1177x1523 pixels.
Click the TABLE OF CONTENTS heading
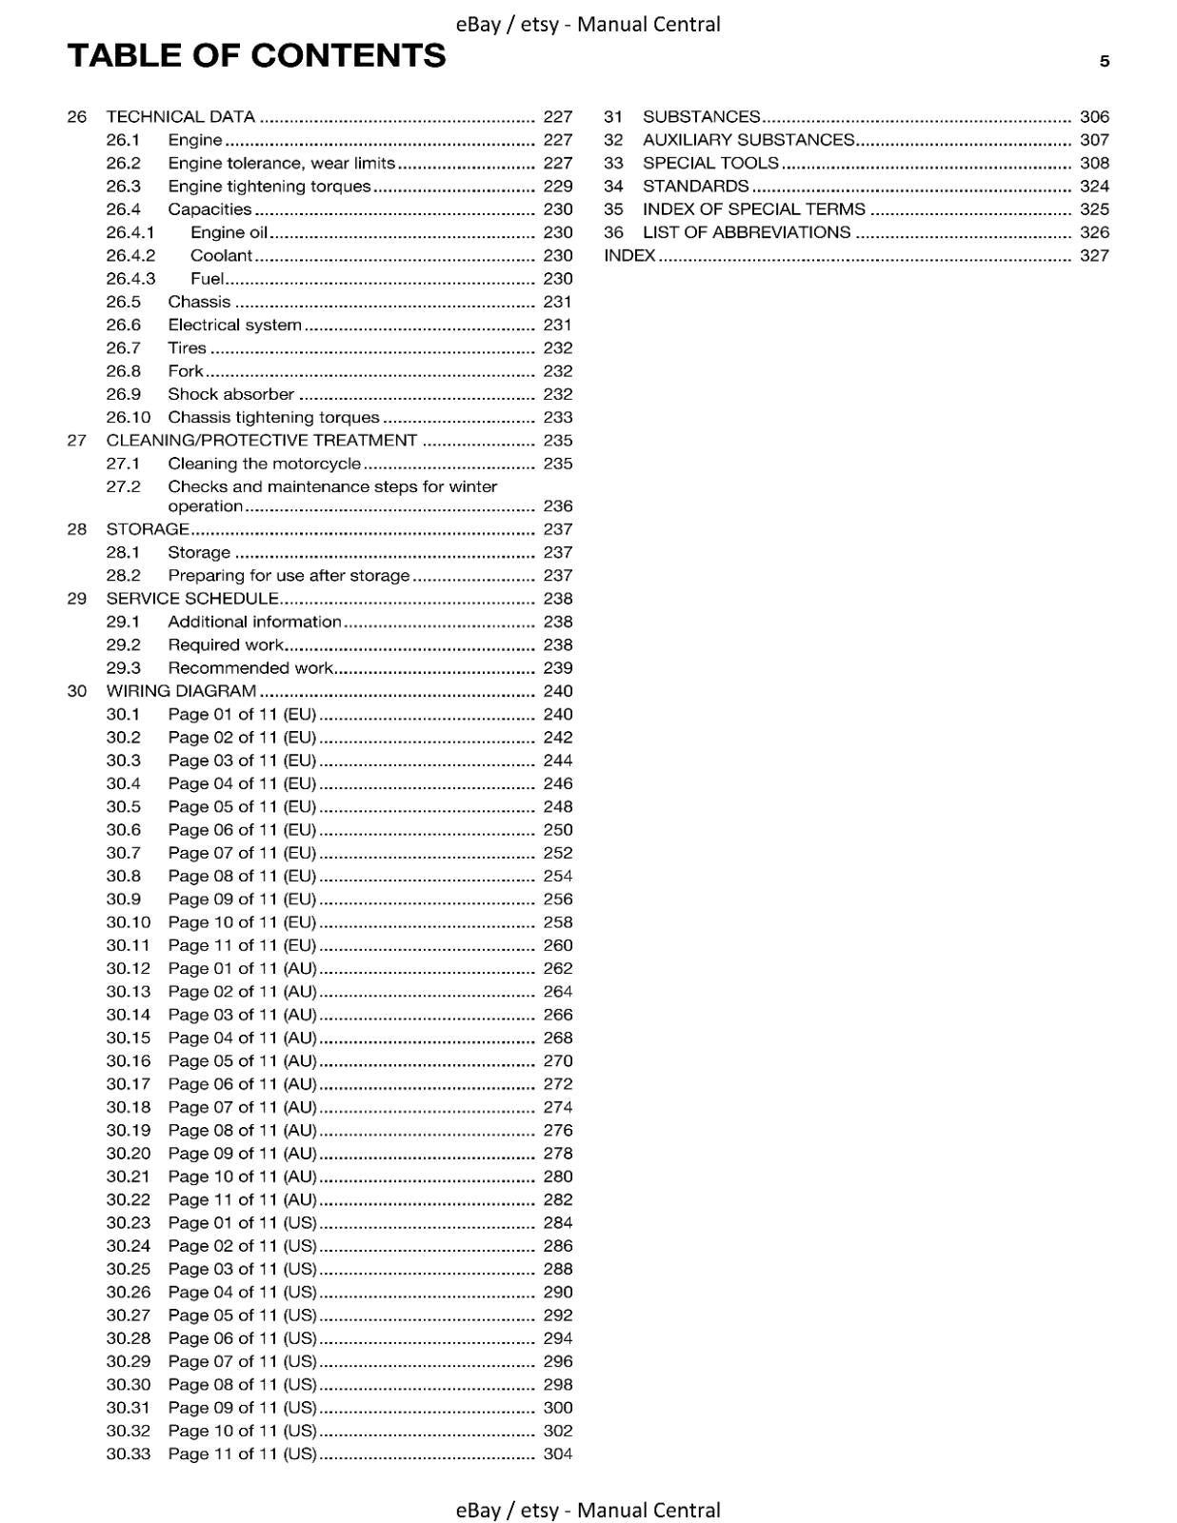[256, 56]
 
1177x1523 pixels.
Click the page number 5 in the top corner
[1105, 61]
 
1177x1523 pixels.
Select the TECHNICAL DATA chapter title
[181, 117]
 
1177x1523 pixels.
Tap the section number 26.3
[124, 187]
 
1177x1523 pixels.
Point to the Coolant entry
[221, 256]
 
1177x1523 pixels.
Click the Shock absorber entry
[231, 394]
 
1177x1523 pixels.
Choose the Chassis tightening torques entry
[273, 418]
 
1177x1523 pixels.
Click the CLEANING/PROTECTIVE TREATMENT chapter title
[262, 441]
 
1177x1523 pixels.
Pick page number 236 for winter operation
[558, 506]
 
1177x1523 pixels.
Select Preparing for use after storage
[289, 576]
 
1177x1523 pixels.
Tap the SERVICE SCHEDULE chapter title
[192, 599]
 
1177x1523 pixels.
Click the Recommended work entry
[250, 668]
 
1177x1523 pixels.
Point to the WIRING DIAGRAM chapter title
[181, 691]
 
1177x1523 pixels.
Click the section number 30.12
[129, 969]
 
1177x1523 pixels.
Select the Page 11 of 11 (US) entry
[242, 1454]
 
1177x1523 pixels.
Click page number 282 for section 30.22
[558, 1200]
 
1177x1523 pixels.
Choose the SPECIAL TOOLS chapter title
[710, 164]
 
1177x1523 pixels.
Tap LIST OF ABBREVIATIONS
[747, 233]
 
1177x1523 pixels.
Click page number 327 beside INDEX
[1094, 256]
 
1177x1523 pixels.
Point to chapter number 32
[613, 140]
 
